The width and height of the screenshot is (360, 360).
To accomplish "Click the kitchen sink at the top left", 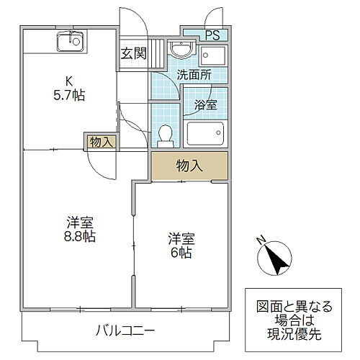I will [x=71, y=42].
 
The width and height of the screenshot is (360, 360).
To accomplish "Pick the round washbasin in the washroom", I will [x=180, y=50].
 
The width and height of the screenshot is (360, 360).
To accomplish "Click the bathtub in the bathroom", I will [x=206, y=134].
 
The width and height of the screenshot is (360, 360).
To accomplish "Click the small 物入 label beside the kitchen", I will [x=100, y=142].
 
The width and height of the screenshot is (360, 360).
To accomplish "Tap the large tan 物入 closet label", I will [x=189, y=166].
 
